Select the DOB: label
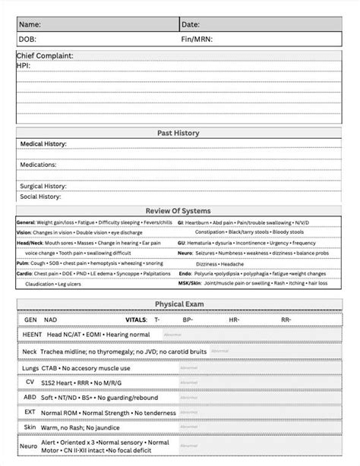click(26, 39)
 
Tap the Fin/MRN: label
click(197, 39)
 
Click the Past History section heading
click(178, 133)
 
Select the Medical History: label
click(43, 143)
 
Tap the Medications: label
click(38, 164)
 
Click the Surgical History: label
click(43, 185)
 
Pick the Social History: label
click(40, 196)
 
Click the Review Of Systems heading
click(178, 210)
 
